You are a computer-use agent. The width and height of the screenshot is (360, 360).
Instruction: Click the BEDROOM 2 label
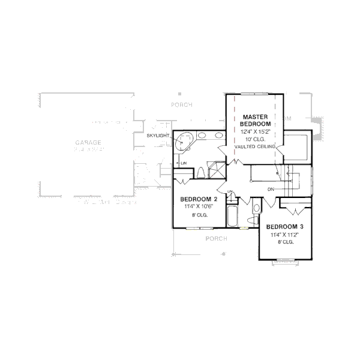tap(199, 199)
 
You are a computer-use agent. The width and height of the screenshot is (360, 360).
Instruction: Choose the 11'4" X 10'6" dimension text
tap(199, 206)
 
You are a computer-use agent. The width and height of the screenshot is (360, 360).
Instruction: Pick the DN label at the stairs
tap(271, 190)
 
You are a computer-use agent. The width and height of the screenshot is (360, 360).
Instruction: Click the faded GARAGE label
tap(87, 143)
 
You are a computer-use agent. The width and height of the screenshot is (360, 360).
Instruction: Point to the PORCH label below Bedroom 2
tap(215, 238)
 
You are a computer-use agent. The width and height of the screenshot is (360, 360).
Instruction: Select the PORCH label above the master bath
tap(181, 104)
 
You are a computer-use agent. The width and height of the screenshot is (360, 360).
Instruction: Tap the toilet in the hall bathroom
tap(257, 209)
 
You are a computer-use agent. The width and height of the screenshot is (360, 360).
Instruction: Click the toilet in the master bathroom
tap(200, 173)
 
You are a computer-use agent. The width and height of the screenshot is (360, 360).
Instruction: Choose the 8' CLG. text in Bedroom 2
tap(199, 214)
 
